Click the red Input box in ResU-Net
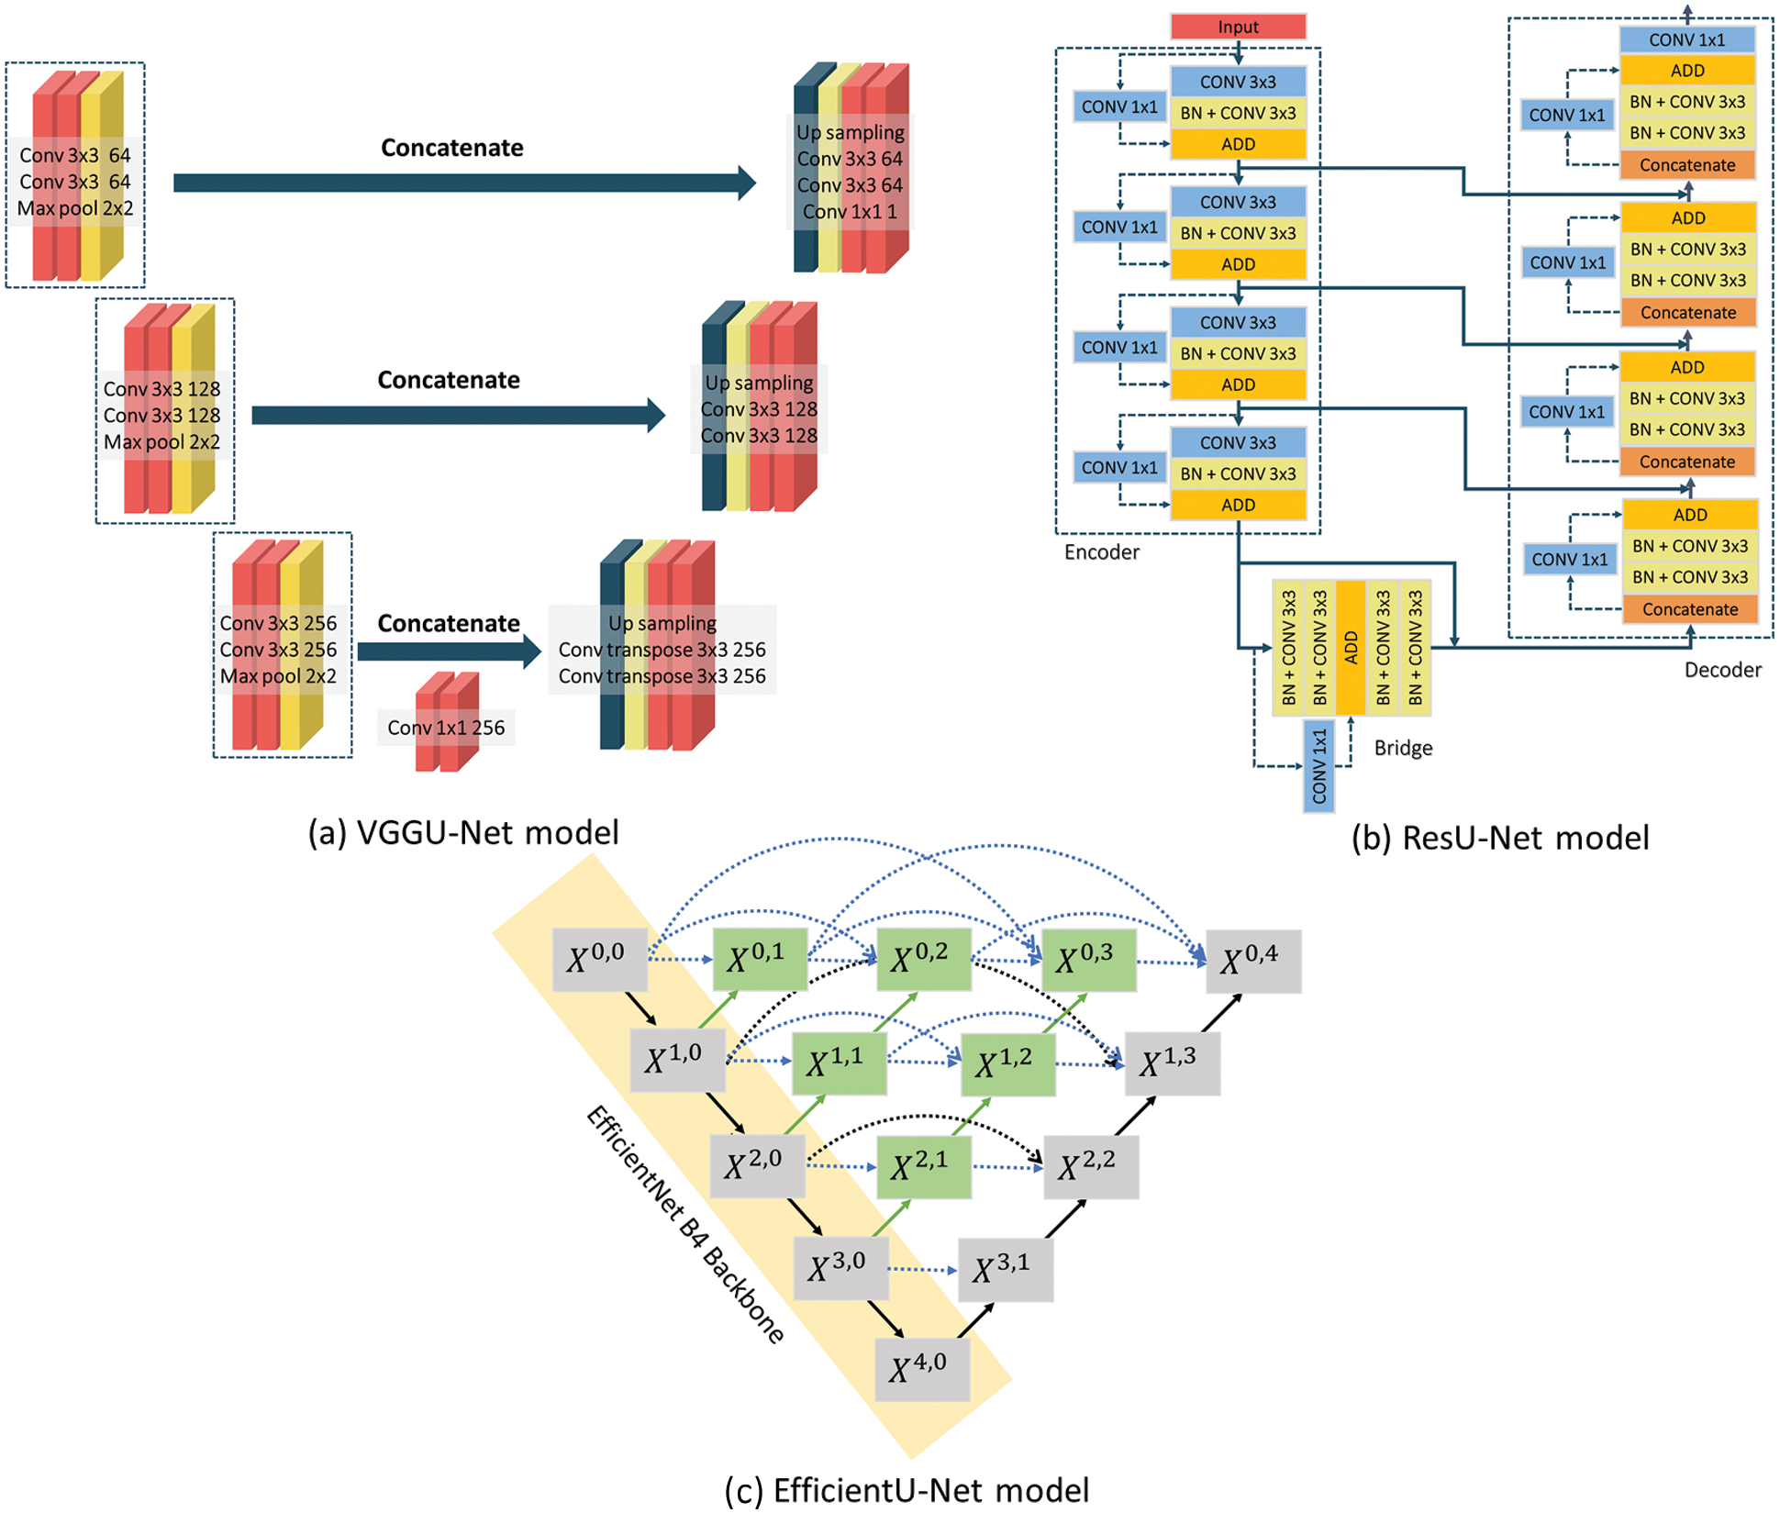(1238, 27)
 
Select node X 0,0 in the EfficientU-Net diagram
(600, 960)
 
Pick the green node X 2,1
(924, 1167)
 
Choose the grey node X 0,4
(1253, 961)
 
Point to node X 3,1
(1006, 1270)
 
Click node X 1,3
(1173, 1063)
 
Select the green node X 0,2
(924, 960)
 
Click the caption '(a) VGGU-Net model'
(463, 832)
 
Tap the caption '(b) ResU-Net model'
(1501, 838)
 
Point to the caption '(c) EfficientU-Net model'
(907, 1490)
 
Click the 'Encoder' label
(1101, 552)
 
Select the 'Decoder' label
(1722, 670)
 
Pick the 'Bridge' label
(1403, 748)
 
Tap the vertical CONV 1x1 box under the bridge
(1319, 766)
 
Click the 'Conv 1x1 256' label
(446, 728)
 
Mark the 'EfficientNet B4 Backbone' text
(685, 1225)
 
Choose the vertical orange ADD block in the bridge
(1351, 648)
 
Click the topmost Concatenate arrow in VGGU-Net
(464, 183)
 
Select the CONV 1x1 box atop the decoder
(1686, 39)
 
